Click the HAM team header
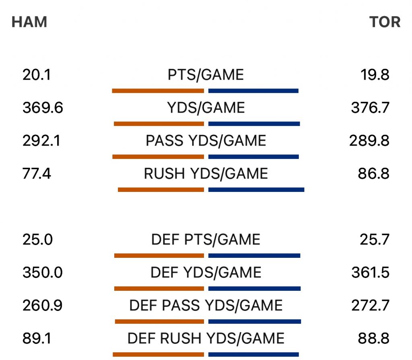(29, 22)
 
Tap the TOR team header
(385, 22)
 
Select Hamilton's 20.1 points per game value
(37, 75)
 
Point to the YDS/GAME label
(206, 108)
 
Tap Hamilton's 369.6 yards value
(43, 108)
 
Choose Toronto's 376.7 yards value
(370, 108)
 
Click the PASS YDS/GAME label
(206, 141)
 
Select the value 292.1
(41, 141)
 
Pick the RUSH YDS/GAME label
(206, 174)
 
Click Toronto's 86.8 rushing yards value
(373, 174)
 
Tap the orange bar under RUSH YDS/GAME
(161, 189)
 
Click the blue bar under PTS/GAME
(253, 91)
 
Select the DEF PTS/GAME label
(206, 240)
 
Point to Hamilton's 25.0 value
(37, 240)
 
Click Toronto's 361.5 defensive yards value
(370, 273)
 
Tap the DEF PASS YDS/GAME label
(206, 306)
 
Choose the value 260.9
(42, 306)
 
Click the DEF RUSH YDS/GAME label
(206, 339)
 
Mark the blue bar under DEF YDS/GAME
(255, 288)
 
